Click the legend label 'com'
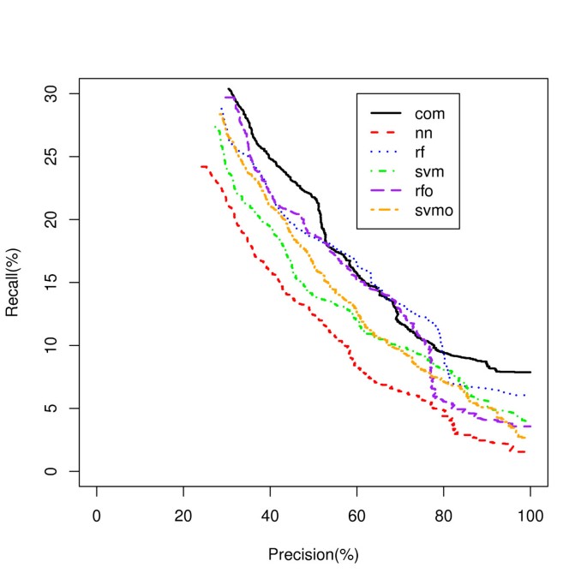431,113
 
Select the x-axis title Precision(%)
313,555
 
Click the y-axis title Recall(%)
13,282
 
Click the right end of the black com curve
530,372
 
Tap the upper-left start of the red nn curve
201,166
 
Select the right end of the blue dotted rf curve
524,395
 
